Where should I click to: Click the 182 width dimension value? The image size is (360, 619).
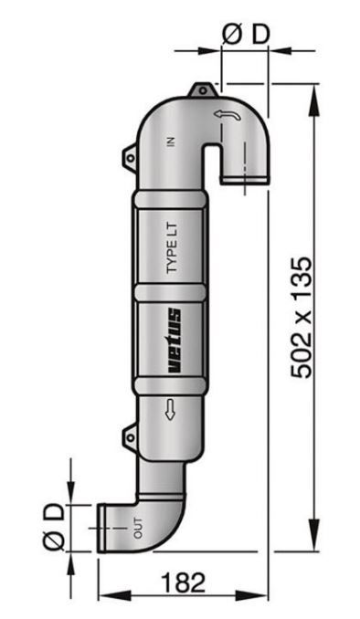[184, 582]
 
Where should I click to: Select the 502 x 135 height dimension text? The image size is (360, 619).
[302, 318]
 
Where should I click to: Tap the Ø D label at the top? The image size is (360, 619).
[246, 34]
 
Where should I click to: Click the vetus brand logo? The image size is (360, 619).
[175, 341]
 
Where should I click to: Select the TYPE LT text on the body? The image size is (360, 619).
[172, 248]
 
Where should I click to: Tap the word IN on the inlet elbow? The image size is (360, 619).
[171, 142]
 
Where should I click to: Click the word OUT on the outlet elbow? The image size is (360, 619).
[138, 528]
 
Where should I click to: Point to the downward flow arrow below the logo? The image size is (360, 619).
[170, 409]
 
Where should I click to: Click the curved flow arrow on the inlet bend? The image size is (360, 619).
[227, 115]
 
